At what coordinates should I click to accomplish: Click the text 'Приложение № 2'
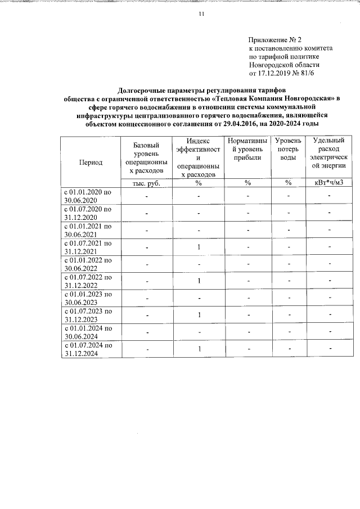click(x=275, y=40)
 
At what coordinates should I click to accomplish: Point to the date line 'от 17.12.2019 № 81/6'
click(x=285, y=73)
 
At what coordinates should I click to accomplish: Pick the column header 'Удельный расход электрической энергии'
click(x=328, y=157)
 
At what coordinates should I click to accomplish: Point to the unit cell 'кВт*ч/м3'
click(x=328, y=183)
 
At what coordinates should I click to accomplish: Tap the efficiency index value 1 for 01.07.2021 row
click(x=199, y=247)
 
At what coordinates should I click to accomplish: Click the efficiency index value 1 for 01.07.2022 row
click(x=199, y=281)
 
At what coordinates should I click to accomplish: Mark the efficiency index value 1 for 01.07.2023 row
click(x=199, y=315)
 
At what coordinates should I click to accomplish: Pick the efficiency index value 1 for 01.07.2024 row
click(x=199, y=349)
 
